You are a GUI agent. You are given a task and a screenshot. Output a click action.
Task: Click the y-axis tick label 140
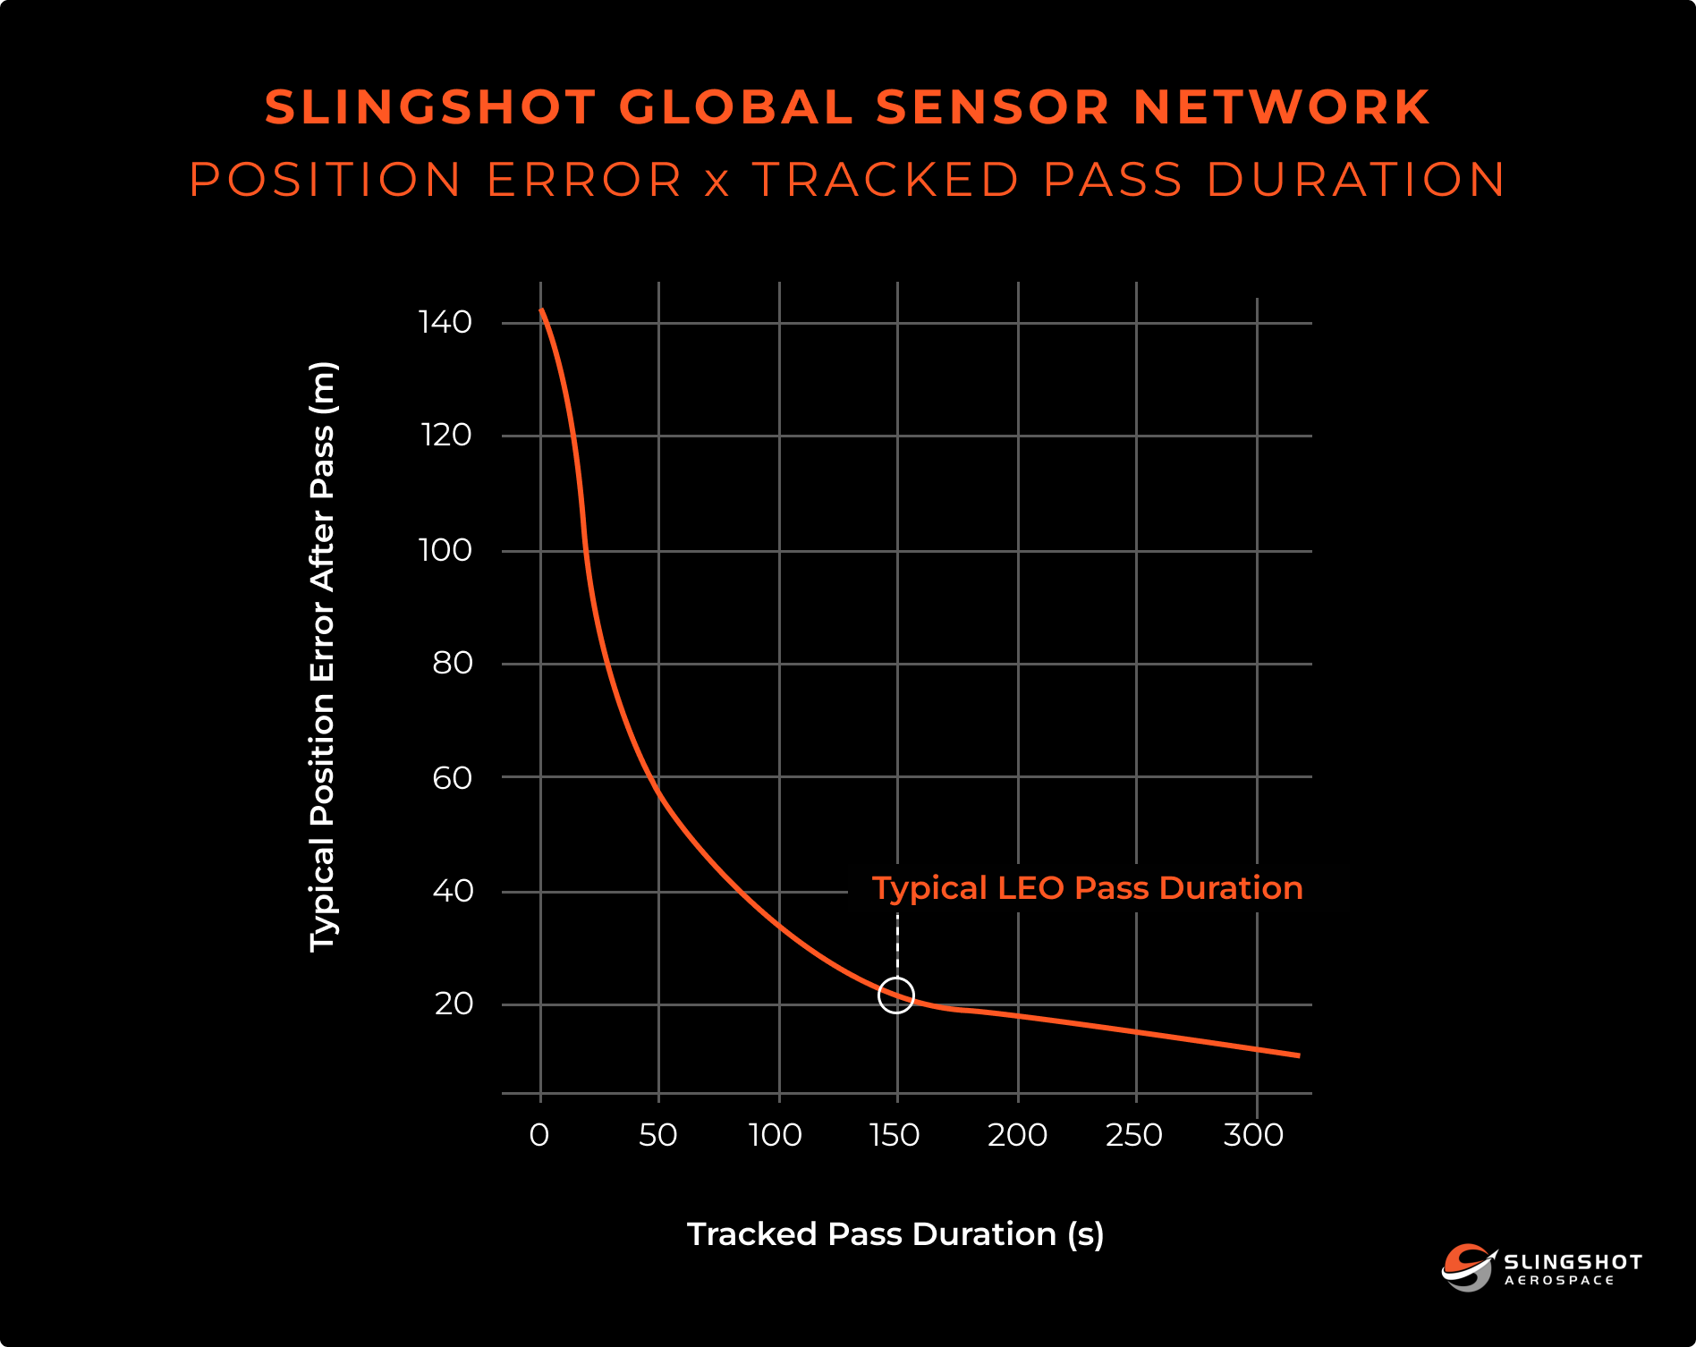[x=445, y=322]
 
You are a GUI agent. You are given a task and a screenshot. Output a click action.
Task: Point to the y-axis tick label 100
[x=445, y=549]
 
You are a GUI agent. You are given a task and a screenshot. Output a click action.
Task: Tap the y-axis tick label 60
[x=452, y=778]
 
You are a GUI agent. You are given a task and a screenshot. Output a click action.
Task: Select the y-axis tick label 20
[x=454, y=1004]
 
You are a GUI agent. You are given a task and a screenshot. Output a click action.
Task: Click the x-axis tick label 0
[x=539, y=1135]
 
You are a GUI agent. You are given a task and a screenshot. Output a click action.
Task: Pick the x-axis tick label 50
[x=657, y=1135]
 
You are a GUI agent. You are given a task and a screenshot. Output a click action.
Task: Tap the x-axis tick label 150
[x=895, y=1135]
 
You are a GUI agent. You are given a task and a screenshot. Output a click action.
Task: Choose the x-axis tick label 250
[x=1134, y=1135]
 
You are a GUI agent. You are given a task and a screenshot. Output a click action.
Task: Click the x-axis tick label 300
[x=1253, y=1135]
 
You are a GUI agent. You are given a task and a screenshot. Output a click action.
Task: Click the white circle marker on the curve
[x=896, y=995]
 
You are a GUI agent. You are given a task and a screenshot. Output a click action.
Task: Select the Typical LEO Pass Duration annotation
[x=1087, y=888]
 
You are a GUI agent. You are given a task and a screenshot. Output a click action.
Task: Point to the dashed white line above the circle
[x=897, y=944]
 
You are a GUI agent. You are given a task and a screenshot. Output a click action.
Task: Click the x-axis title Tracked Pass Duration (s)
[x=895, y=1234]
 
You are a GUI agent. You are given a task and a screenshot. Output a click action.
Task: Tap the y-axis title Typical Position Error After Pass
[x=322, y=657]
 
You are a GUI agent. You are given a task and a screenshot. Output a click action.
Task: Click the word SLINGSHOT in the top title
[x=430, y=107]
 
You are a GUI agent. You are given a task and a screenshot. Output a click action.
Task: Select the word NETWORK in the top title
[x=1281, y=107]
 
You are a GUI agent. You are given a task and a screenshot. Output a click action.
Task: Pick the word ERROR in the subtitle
[x=585, y=180]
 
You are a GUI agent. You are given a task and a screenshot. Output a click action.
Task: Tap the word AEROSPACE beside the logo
[x=1559, y=1281]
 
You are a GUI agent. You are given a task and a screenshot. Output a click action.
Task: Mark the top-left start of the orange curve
[x=541, y=310]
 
